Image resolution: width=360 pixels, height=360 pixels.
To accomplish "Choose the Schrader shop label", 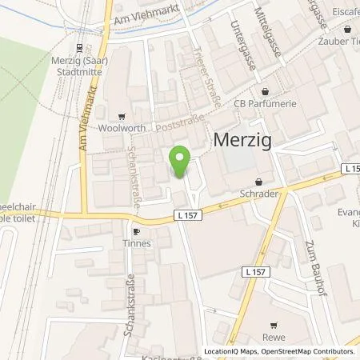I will point(258,193).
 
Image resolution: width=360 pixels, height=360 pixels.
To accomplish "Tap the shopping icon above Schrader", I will point(258,182).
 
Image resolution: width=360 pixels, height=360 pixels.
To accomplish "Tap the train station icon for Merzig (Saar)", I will point(78,48).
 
